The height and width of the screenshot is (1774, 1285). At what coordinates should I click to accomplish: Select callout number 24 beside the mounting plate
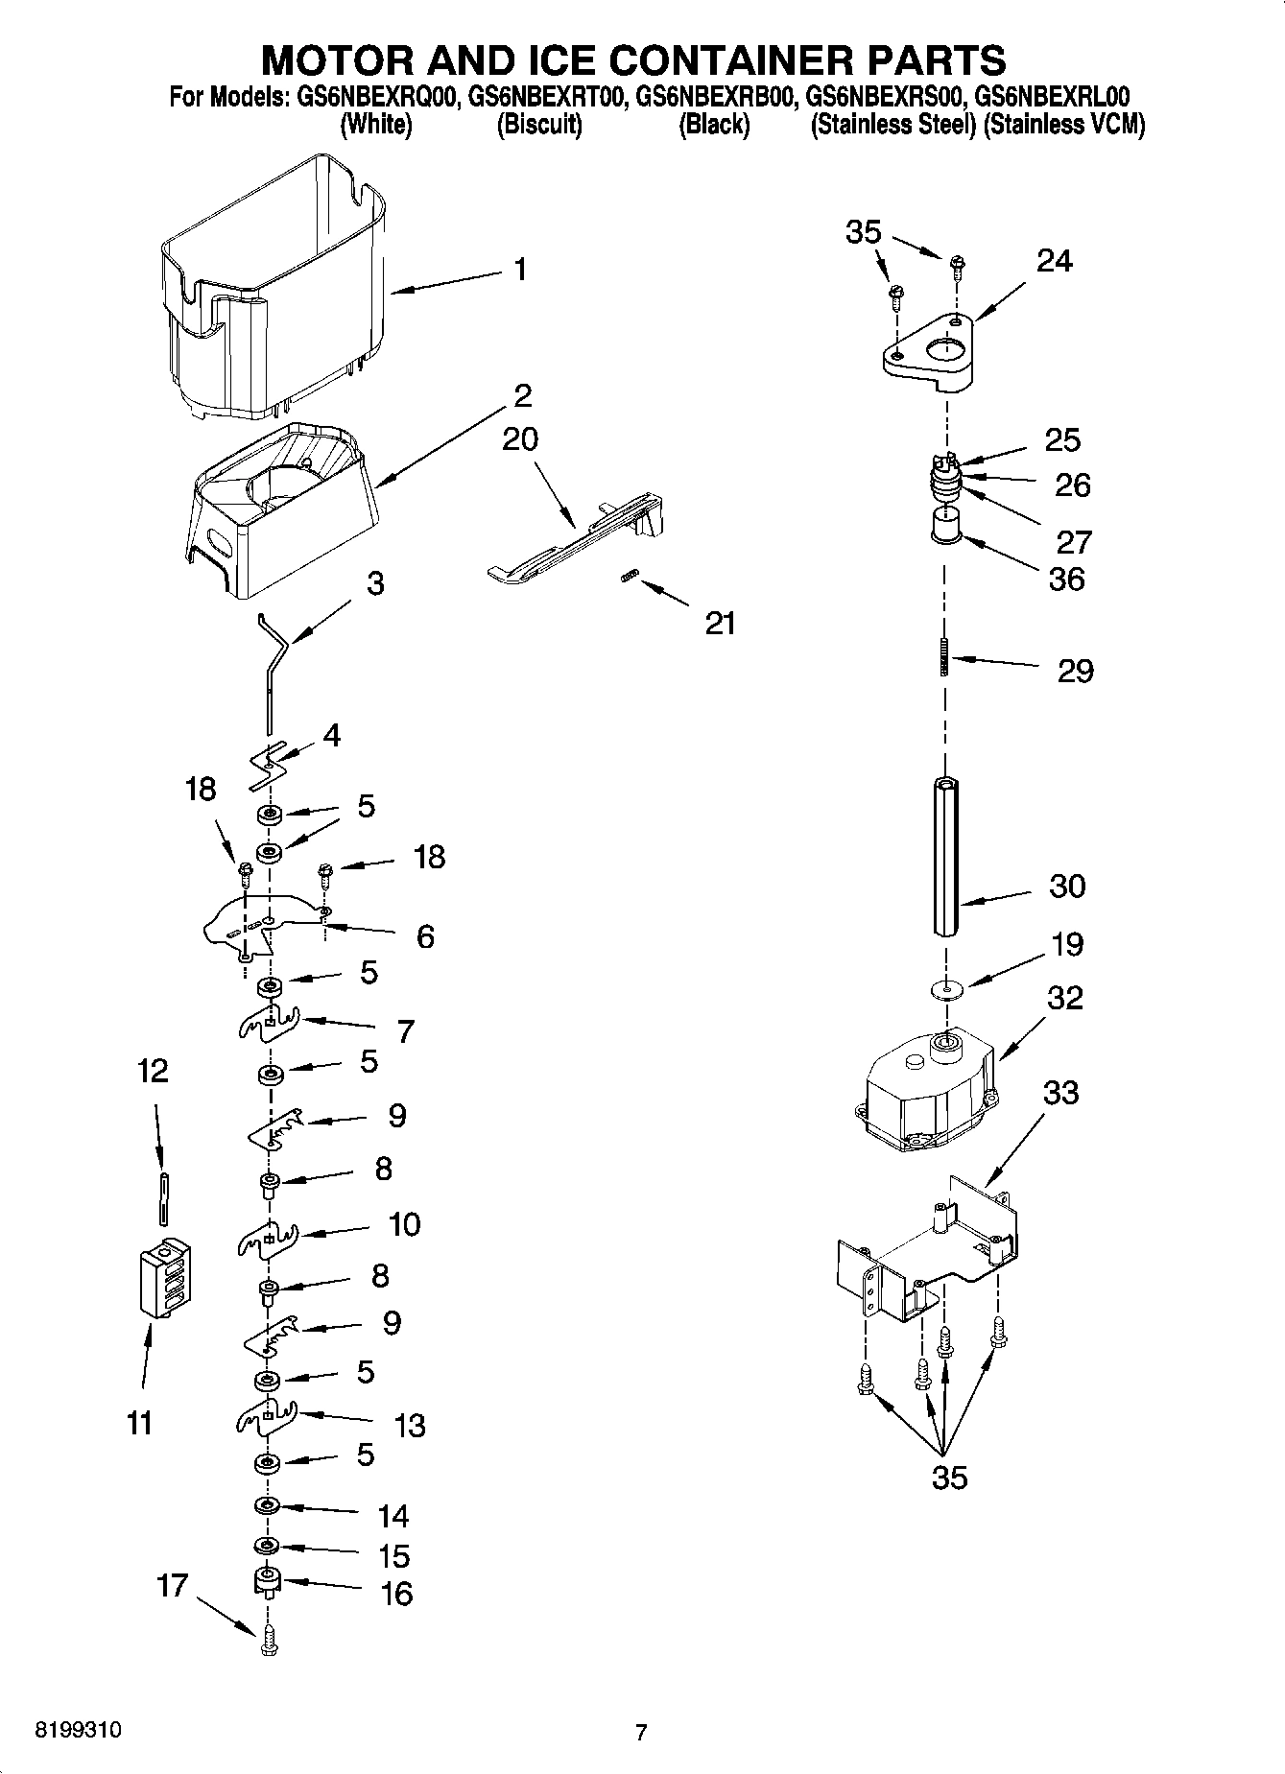(1054, 260)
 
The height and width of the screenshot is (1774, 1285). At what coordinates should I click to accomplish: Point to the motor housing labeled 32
(926, 1089)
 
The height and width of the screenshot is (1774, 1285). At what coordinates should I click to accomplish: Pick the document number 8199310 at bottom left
(79, 1731)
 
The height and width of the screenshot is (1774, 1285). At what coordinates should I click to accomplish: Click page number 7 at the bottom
(641, 1732)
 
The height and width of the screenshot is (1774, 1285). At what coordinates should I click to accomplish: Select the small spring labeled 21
(629, 576)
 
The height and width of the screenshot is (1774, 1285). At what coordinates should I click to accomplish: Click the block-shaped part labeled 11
(165, 1278)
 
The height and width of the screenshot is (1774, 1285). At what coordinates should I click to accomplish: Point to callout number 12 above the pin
(154, 1070)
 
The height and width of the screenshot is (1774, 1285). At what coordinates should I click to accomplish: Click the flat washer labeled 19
(947, 988)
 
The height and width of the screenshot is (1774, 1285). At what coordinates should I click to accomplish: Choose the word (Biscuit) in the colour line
(538, 125)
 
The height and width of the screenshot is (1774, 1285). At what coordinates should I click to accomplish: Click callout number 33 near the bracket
(1060, 1092)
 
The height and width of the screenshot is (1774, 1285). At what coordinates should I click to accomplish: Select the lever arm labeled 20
(576, 542)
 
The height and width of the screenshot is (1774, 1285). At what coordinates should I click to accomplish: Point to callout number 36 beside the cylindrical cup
(1066, 579)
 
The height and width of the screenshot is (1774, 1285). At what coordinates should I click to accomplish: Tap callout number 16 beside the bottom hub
(396, 1594)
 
